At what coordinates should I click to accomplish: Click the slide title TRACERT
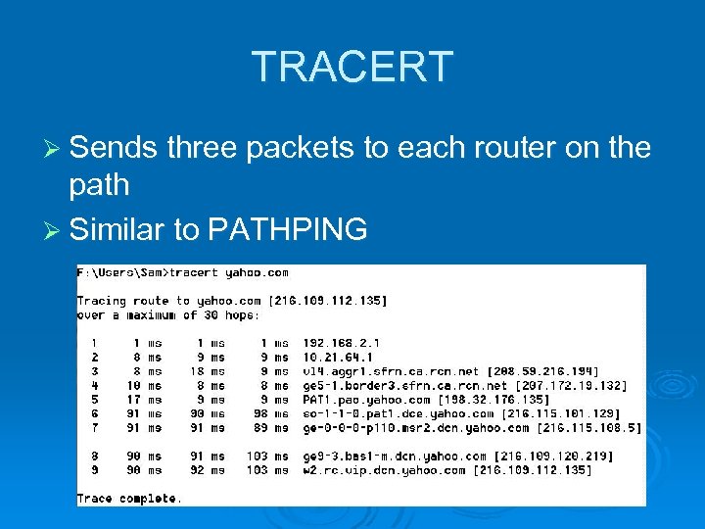(x=352, y=67)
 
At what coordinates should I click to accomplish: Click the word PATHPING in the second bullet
(x=288, y=229)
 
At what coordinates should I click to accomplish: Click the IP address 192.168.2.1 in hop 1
(x=342, y=343)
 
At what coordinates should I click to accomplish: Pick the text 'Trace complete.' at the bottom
(x=129, y=499)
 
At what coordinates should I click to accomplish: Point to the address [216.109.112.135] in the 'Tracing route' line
(x=329, y=301)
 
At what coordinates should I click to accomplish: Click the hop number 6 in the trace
(x=94, y=413)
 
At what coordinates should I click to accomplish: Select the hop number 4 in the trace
(x=94, y=385)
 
